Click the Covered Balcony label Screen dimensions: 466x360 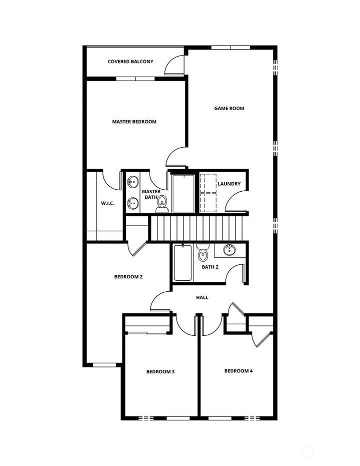(130, 62)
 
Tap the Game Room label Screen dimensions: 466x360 (229, 108)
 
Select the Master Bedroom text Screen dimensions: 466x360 (134, 122)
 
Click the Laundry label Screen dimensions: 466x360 (229, 184)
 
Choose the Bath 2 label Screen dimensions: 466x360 (210, 267)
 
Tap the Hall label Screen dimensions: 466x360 (202, 297)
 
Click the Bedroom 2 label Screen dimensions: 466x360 (128, 277)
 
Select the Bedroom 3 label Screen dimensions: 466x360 (160, 371)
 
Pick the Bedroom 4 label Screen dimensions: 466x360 (238, 371)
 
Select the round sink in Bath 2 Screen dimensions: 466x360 (229, 249)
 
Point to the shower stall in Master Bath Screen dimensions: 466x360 (182, 193)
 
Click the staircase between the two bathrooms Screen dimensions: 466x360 (196, 228)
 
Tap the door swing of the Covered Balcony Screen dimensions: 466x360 (175, 65)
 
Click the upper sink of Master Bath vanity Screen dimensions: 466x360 (132, 182)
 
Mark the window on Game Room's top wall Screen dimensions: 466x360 (230, 48)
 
